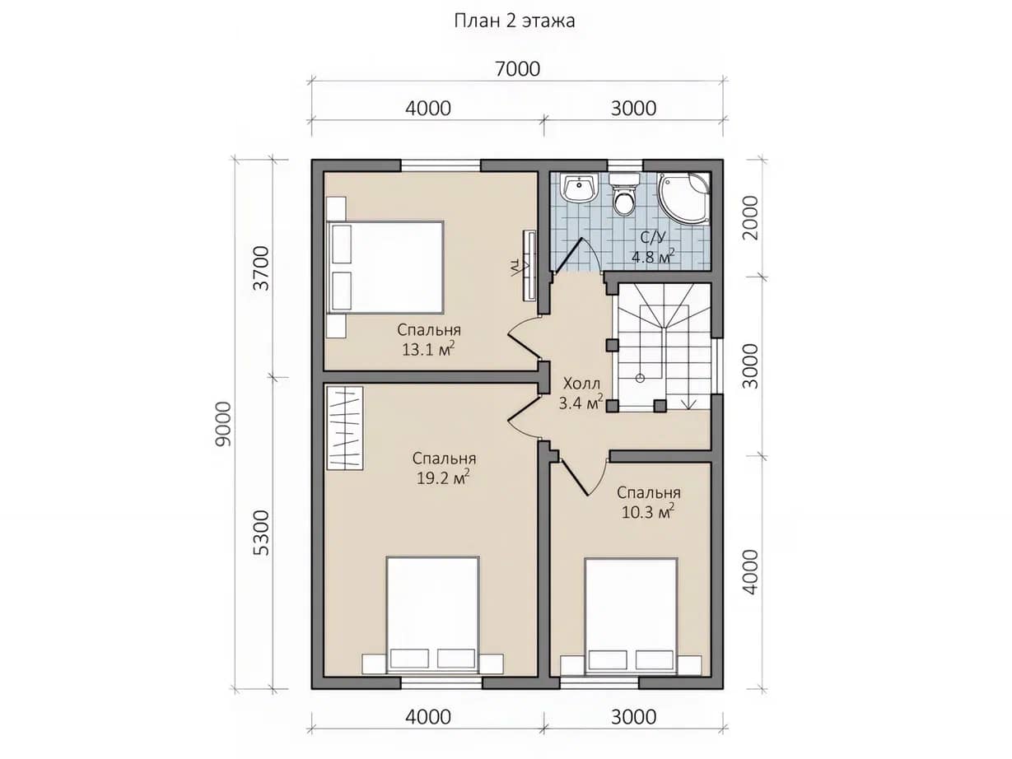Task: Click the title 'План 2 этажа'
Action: [515, 21]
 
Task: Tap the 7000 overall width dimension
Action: [517, 69]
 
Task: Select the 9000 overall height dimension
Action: [224, 423]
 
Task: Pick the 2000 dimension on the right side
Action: [751, 217]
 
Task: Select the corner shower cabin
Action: [683, 198]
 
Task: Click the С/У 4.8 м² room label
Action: [653, 247]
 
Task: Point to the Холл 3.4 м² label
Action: [581, 393]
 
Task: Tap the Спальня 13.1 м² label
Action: [429, 340]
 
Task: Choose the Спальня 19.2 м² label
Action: [444, 468]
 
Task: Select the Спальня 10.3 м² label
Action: [649, 502]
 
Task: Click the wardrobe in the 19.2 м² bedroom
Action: [345, 428]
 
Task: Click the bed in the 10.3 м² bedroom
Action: [631, 617]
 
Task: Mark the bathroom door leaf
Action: [568, 255]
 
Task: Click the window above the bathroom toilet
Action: [625, 166]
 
